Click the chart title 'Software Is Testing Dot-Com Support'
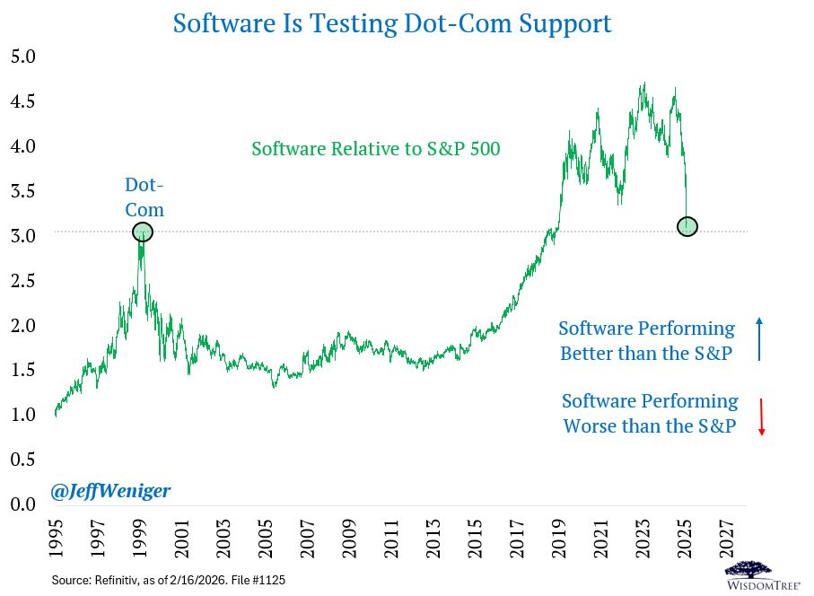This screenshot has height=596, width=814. [x=392, y=24]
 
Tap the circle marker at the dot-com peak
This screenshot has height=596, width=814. [x=143, y=232]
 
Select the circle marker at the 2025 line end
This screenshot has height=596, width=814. [x=687, y=226]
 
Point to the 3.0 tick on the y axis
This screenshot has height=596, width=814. [x=22, y=236]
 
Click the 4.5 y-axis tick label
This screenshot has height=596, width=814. [x=22, y=101]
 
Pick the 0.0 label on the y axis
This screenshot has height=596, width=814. [x=22, y=504]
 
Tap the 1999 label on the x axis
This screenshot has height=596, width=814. [x=139, y=538]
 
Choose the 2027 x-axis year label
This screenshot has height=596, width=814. [x=727, y=538]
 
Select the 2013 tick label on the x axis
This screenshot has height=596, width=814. [x=433, y=538]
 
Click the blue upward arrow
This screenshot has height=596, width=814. [x=759, y=339]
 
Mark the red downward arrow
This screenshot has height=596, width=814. [x=762, y=416]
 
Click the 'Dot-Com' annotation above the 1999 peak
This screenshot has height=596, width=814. [x=144, y=197]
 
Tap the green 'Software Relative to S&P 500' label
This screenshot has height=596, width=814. [x=376, y=149]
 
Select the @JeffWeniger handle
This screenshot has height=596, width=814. [x=110, y=491]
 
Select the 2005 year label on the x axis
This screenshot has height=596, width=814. [x=266, y=538]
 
